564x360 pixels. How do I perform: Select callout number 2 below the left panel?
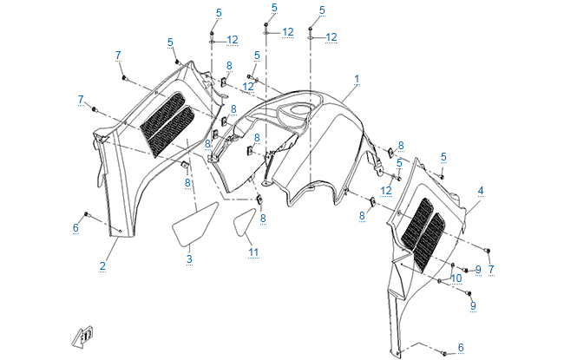coord(102,265)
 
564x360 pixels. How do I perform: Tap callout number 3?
coord(189,259)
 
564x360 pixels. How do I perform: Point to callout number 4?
coord(480,189)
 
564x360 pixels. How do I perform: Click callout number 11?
coord(253,252)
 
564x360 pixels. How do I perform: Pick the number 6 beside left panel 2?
coord(75,227)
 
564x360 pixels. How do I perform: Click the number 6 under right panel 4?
coord(461,347)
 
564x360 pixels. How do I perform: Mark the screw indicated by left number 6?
coord(87,213)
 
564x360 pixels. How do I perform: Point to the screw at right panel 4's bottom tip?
coord(443,353)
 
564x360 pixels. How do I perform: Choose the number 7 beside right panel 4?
coord(491,270)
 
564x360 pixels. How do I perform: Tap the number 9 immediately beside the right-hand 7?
coord(477,270)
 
